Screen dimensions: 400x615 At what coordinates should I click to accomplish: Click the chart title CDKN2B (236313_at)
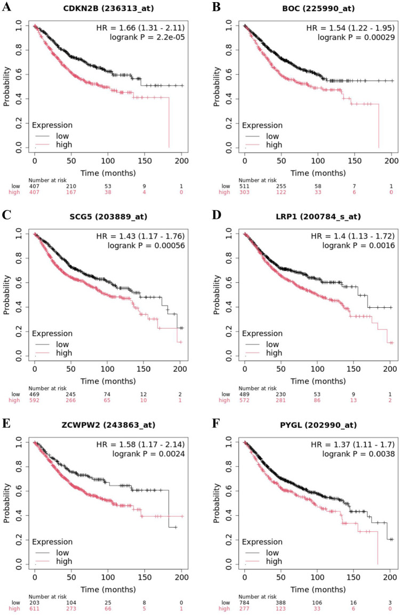pos(108,8)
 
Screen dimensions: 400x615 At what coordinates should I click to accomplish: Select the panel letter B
pos(216,7)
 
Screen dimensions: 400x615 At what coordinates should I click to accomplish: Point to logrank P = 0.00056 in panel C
pos(146,245)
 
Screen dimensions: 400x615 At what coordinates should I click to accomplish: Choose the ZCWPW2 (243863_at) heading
pos(108,425)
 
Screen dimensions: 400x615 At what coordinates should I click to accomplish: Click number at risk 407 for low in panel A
pos(35,186)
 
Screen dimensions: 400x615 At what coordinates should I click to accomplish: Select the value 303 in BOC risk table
pos(244,192)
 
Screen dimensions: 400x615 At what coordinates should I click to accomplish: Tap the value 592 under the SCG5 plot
pos(35,401)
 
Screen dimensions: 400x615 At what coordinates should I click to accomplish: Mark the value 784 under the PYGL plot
pos(244,602)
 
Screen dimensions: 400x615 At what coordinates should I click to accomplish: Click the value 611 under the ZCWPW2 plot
pos(35,609)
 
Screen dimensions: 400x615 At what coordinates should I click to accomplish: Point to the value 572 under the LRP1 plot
pos(244,401)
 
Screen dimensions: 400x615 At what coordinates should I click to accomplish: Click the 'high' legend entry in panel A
pos(64,145)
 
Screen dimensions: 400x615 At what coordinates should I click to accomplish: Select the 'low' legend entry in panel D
pos(273,345)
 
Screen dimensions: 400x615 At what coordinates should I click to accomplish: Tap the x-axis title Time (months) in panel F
pos(318,589)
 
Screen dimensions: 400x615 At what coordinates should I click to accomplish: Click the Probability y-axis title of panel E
pos(6,503)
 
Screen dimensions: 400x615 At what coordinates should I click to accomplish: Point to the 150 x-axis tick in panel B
pos(355,161)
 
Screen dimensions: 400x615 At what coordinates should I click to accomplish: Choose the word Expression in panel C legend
pos(52,334)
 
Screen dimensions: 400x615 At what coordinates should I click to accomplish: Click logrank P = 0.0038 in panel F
pos(358,454)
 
